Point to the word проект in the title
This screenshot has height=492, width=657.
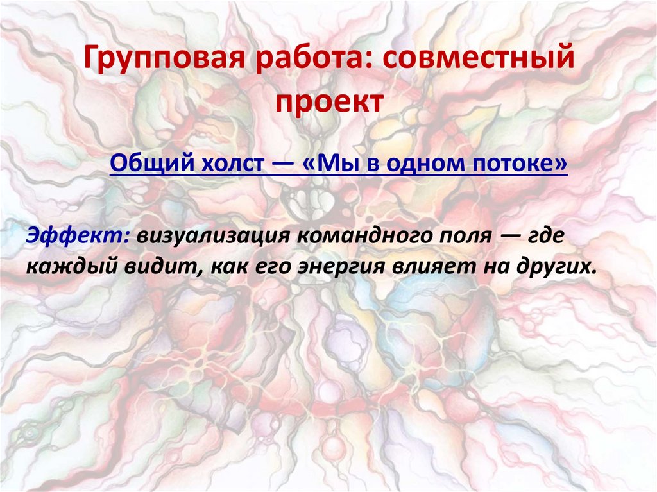328,101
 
